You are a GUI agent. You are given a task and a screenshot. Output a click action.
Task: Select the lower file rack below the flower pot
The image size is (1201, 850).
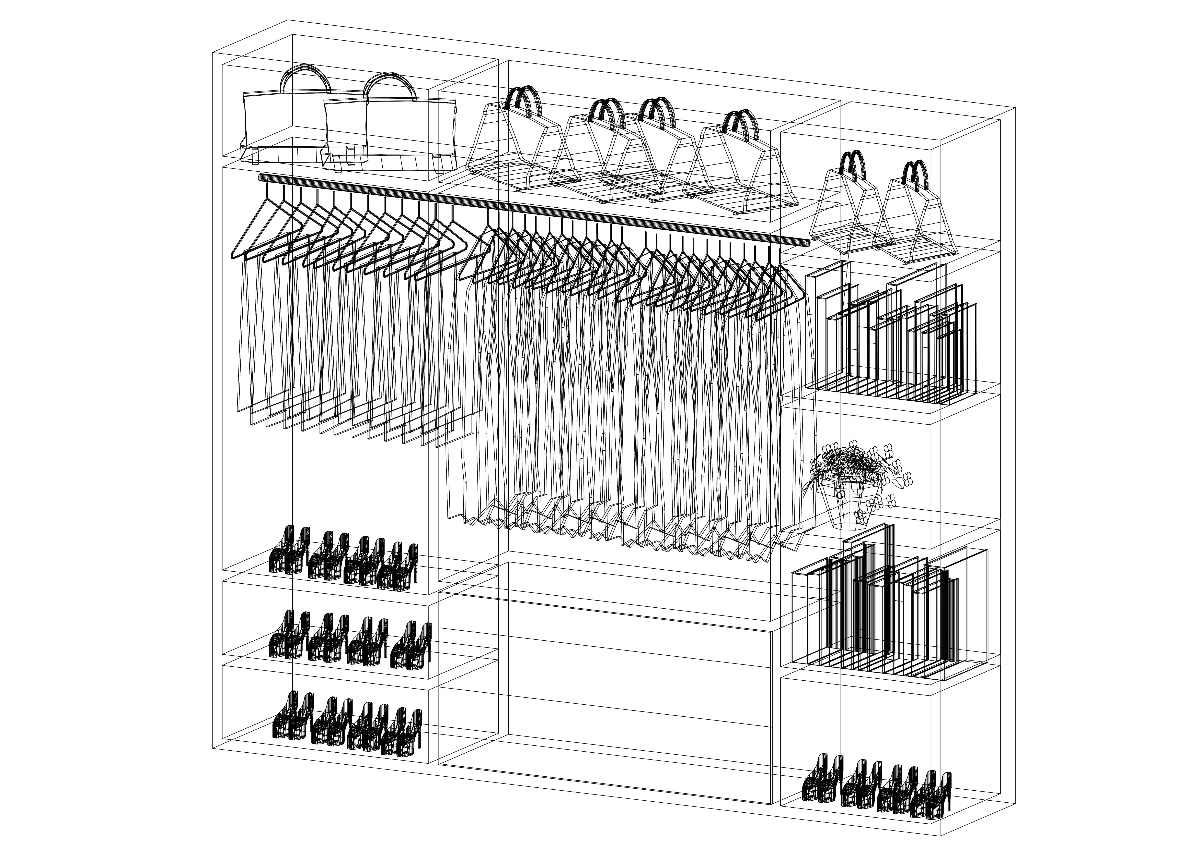coord(889,612)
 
